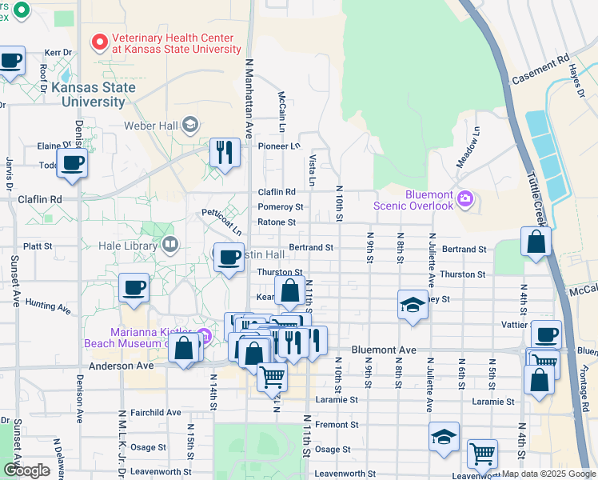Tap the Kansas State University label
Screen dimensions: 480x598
tap(88, 94)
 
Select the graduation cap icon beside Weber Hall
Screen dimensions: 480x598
tap(190, 124)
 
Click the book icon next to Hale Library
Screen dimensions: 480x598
tap(169, 244)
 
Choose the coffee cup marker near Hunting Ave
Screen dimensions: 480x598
tap(134, 287)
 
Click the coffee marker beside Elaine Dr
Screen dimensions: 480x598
tap(73, 162)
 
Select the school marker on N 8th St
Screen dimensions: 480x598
tap(413, 305)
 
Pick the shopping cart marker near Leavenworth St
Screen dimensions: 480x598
tap(482, 454)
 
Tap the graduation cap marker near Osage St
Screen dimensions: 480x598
tap(444, 437)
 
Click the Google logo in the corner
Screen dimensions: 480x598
tap(26, 470)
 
